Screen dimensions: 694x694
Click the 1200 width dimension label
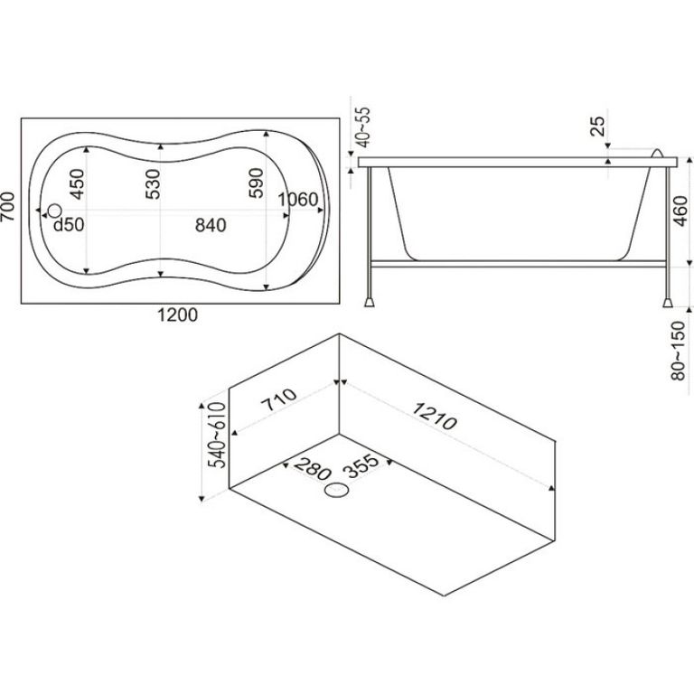[177, 314]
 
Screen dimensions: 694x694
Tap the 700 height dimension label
[8, 206]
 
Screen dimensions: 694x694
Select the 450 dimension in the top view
[77, 184]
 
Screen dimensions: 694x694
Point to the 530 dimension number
[153, 184]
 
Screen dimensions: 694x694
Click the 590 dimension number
[257, 183]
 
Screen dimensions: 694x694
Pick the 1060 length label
[298, 200]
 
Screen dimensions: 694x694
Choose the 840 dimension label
[211, 225]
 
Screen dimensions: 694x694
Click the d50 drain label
[69, 225]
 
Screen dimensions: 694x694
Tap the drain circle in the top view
[55, 211]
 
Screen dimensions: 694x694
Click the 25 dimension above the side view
[597, 127]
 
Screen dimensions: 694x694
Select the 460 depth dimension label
[680, 211]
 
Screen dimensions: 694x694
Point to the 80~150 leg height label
[678, 351]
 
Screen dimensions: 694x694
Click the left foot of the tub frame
[369, 303]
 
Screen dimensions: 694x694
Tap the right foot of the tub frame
[667, 303]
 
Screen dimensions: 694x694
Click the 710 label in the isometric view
[279, 399]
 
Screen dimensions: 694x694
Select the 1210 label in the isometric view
[434, 417]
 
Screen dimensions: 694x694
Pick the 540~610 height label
[217, 435]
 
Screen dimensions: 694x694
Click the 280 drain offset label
[312, 469]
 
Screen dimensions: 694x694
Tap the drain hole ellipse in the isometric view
[337, 491]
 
